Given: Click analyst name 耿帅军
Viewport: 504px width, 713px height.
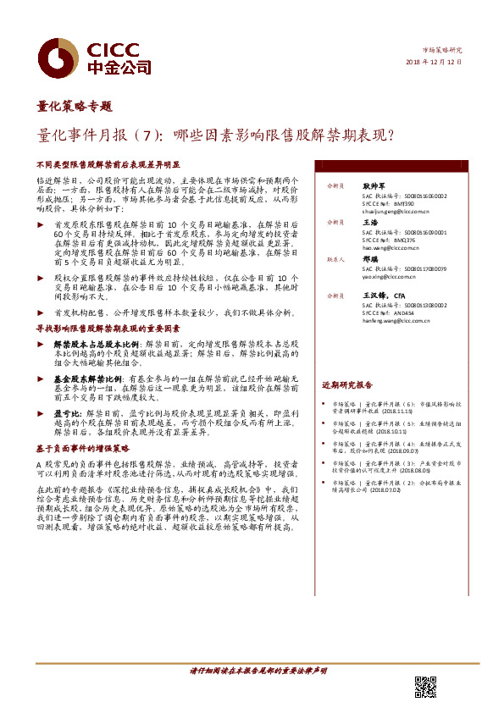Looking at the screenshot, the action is [x=374, y=185].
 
